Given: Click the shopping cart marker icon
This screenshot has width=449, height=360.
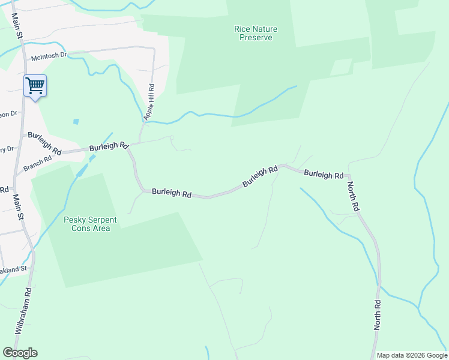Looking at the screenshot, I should click(x=35, y=86).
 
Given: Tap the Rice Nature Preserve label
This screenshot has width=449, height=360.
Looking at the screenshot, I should click(x=253, y=33).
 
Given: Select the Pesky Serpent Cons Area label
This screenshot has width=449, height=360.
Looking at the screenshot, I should click(x=90, y=224).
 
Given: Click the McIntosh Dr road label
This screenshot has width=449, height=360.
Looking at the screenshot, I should click(x=49, y=58).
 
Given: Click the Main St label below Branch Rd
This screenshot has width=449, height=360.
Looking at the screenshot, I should click(x=18, y=207).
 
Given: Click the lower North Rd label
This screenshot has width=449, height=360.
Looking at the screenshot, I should click(x=378, y=315).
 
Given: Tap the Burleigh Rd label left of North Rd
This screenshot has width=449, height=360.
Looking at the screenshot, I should click(x=323, y=175).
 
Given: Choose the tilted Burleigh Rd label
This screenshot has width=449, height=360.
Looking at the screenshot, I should click(x=260, y=176).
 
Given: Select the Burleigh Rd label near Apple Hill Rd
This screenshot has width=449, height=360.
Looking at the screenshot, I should click(x=109, y=146).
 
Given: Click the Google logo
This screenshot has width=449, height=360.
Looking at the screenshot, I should click(x=20, y=353).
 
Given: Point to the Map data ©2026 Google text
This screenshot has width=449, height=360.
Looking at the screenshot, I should click(x=411, y=355).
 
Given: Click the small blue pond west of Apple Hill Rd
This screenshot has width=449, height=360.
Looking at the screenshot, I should click(x=76, y=122).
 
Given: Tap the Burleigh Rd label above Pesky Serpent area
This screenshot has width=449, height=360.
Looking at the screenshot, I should click(x=171, y=193).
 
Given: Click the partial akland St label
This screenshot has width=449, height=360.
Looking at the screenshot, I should click(x=13, y=270).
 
